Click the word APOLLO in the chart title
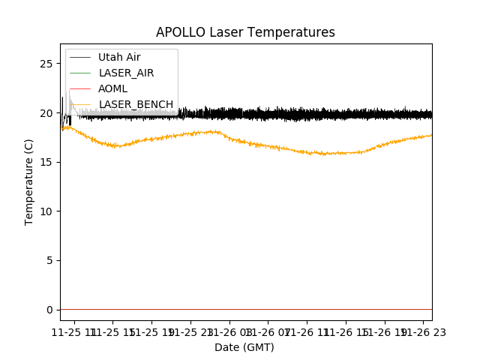177,33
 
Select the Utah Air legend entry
119,57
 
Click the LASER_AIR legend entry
126,73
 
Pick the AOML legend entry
113,88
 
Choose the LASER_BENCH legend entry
136,104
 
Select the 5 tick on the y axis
49,260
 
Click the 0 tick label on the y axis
49,310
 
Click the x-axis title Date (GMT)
244,347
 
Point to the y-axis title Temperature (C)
30,181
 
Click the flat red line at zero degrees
247,309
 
